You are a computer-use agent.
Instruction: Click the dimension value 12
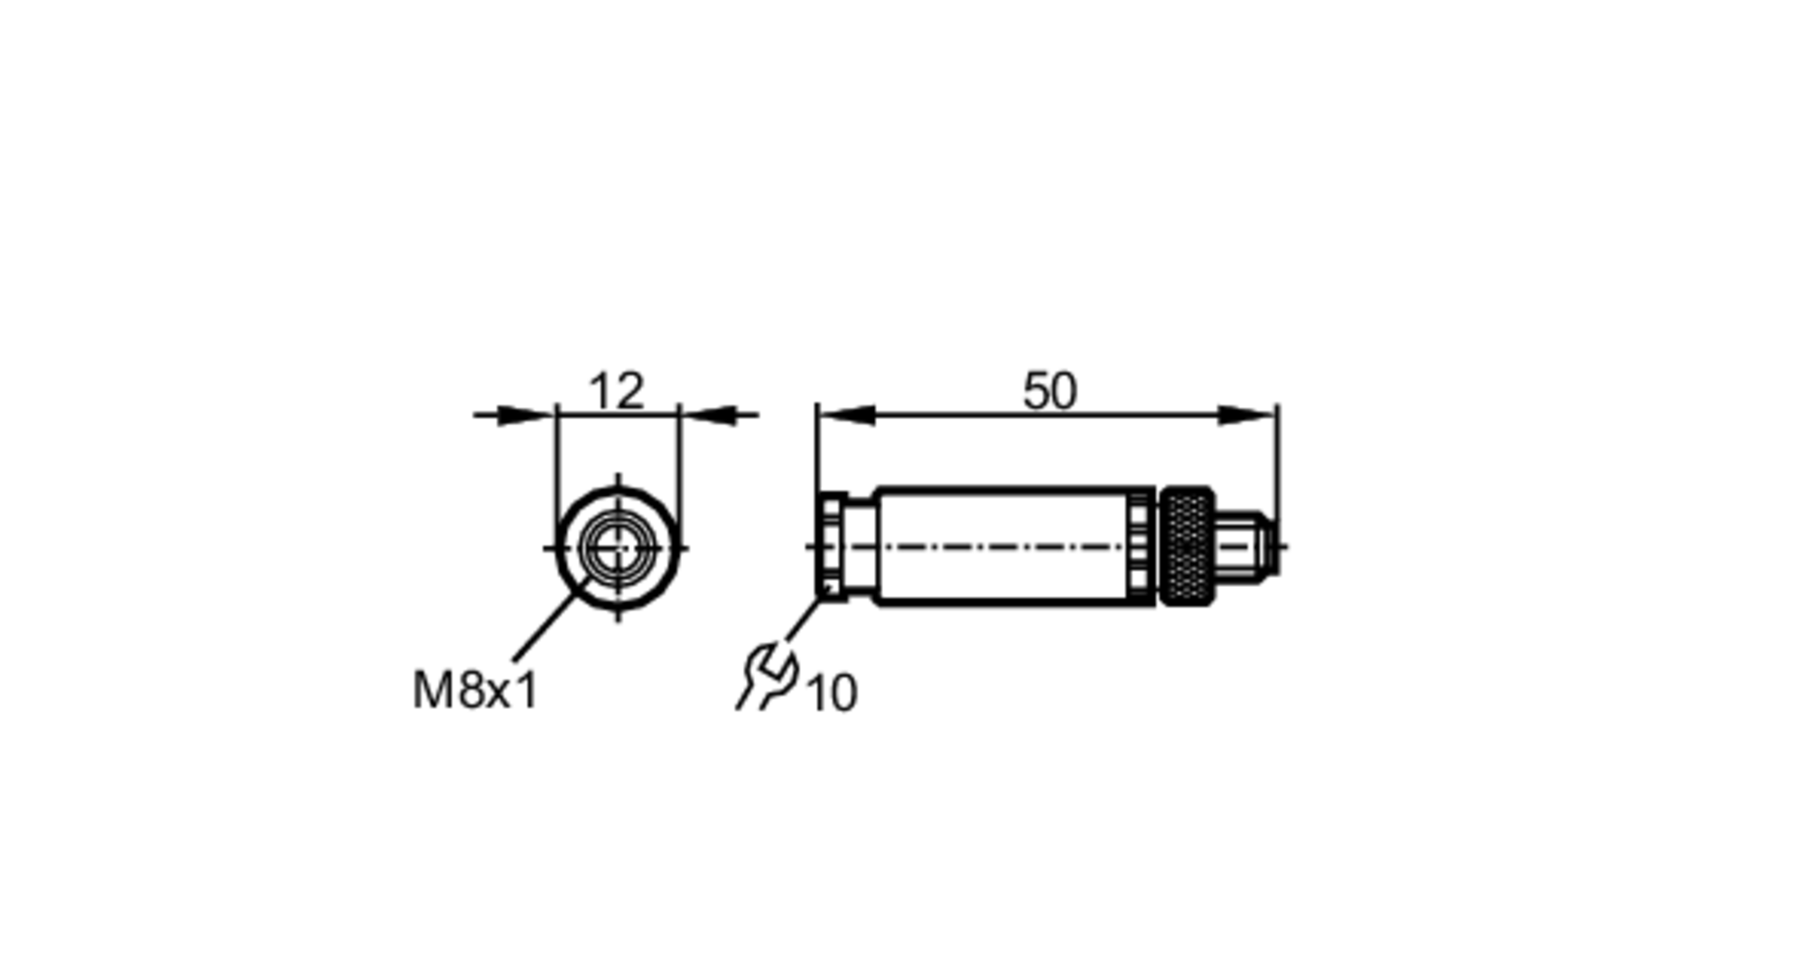tap(617, 391)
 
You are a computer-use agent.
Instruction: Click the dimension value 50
tap(1049, 391)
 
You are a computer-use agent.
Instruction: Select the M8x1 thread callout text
tap(475, 691)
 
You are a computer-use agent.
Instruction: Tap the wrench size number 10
tap(831, 694)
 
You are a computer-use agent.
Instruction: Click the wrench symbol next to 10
tap(768, 676)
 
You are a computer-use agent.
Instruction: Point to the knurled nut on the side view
tap(1187, 546)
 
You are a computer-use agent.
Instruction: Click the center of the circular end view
tap(618, 547)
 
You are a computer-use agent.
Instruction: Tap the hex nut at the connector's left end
tap(832, 546)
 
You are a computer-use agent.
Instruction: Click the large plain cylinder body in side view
tap(1002, 546)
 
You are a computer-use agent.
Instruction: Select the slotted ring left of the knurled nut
tap(1140, 546)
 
